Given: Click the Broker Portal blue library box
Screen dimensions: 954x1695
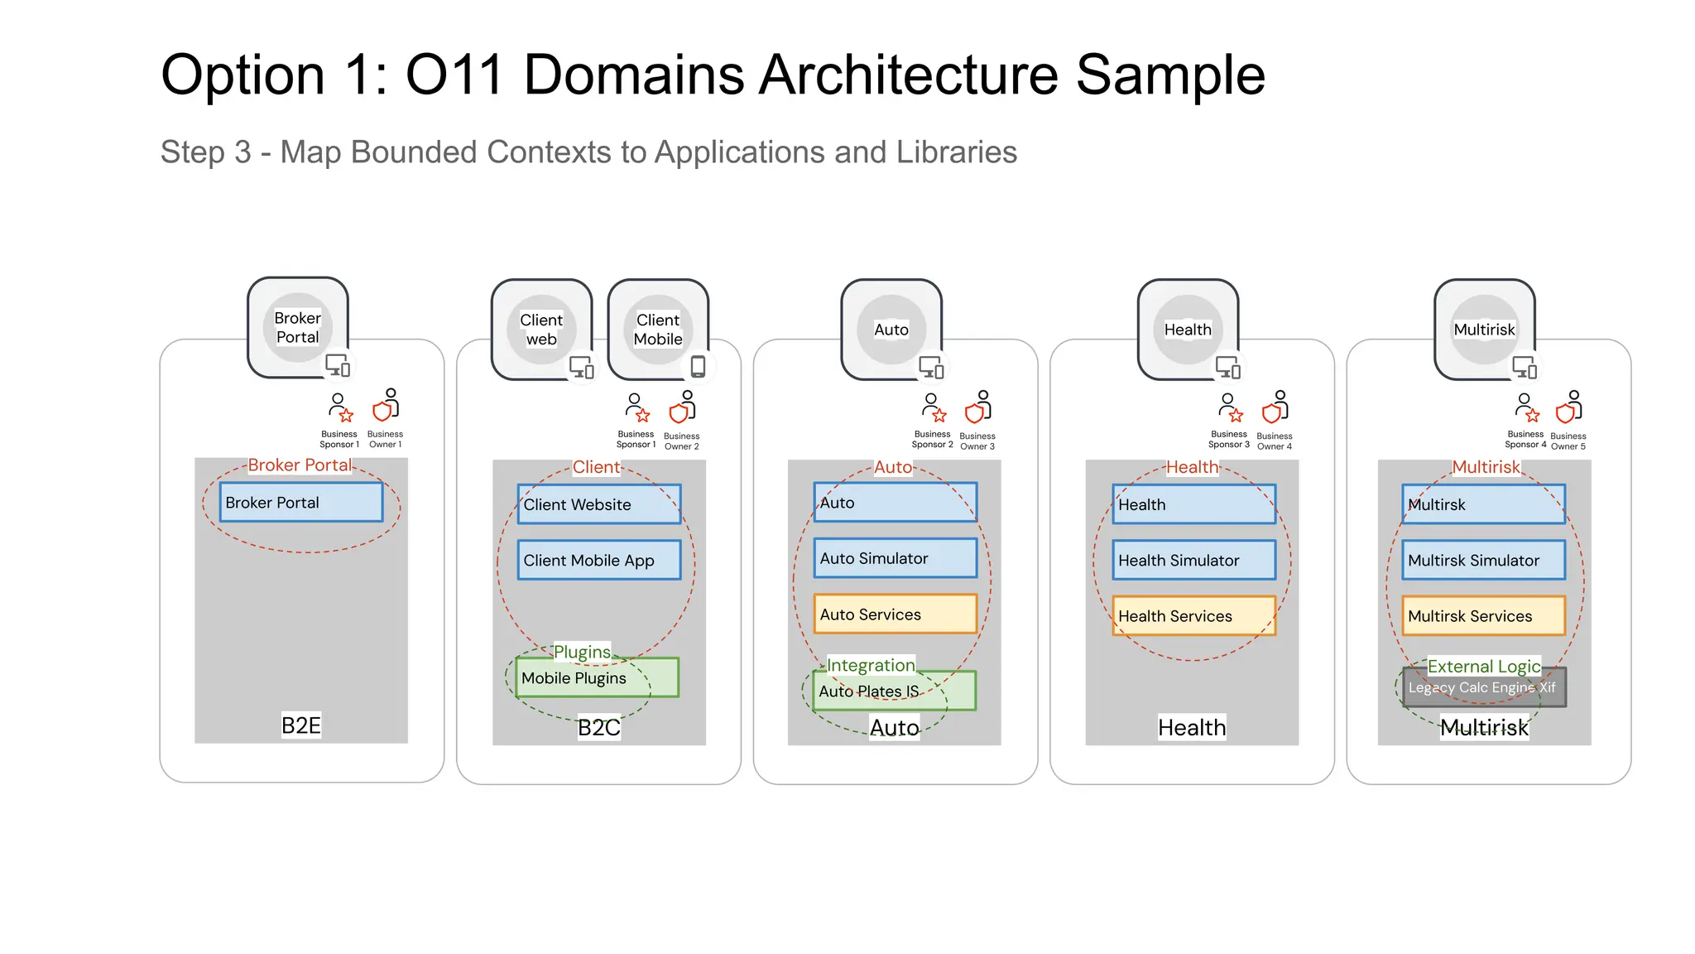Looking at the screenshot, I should click(300, 503).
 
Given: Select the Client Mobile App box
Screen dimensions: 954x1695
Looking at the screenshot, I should click(598, 561).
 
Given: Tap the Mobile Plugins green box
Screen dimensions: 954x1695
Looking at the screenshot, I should click(596, 678).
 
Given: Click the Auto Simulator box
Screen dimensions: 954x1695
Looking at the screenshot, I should click(895, 559).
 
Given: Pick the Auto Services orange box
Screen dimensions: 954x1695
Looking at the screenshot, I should click(895, 614).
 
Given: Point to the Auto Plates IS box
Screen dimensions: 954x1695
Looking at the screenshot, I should click(894, 691).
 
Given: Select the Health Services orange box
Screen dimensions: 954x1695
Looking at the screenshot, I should click(1193, 616).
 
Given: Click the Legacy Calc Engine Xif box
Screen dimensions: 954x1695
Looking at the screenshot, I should click(1483, 688).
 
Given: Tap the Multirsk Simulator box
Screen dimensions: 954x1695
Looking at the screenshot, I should click(1483, 561).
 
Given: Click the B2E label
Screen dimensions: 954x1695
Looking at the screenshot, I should click(300, 726).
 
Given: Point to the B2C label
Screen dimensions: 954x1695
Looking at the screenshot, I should click(598, 728).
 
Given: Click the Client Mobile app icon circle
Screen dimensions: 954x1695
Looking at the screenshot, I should click(658, 330).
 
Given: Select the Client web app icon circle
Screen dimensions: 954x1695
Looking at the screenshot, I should click(541, 330).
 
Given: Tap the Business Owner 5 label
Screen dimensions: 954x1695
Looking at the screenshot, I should click(1568, 441).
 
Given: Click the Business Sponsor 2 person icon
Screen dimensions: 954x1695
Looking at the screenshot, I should click(933, 407).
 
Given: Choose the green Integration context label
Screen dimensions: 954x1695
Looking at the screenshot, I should click(871, 665).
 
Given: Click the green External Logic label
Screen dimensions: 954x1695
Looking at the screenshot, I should click(1483, 667).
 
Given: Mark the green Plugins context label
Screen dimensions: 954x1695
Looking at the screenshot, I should click(582, 652).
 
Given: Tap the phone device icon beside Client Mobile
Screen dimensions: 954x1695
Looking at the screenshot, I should click(698, 366).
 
